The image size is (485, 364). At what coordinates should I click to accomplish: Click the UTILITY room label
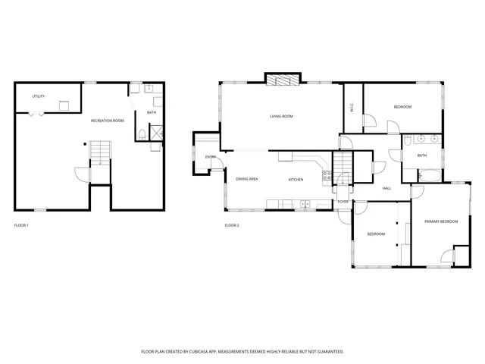38,97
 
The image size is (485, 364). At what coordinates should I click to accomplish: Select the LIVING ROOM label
281,116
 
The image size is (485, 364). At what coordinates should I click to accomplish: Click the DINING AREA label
247,179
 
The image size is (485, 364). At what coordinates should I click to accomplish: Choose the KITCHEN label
296,179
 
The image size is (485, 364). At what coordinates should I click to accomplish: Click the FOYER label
343,202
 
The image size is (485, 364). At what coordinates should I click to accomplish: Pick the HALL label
386,188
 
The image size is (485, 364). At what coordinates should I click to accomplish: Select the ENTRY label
211,157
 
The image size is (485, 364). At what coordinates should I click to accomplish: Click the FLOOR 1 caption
22,225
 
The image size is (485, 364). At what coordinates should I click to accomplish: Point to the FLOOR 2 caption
232,225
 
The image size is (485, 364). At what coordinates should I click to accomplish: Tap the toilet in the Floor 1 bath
142,136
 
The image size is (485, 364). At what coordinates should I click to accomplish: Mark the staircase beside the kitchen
345,162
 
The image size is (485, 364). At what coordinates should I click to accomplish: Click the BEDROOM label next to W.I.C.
402,107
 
